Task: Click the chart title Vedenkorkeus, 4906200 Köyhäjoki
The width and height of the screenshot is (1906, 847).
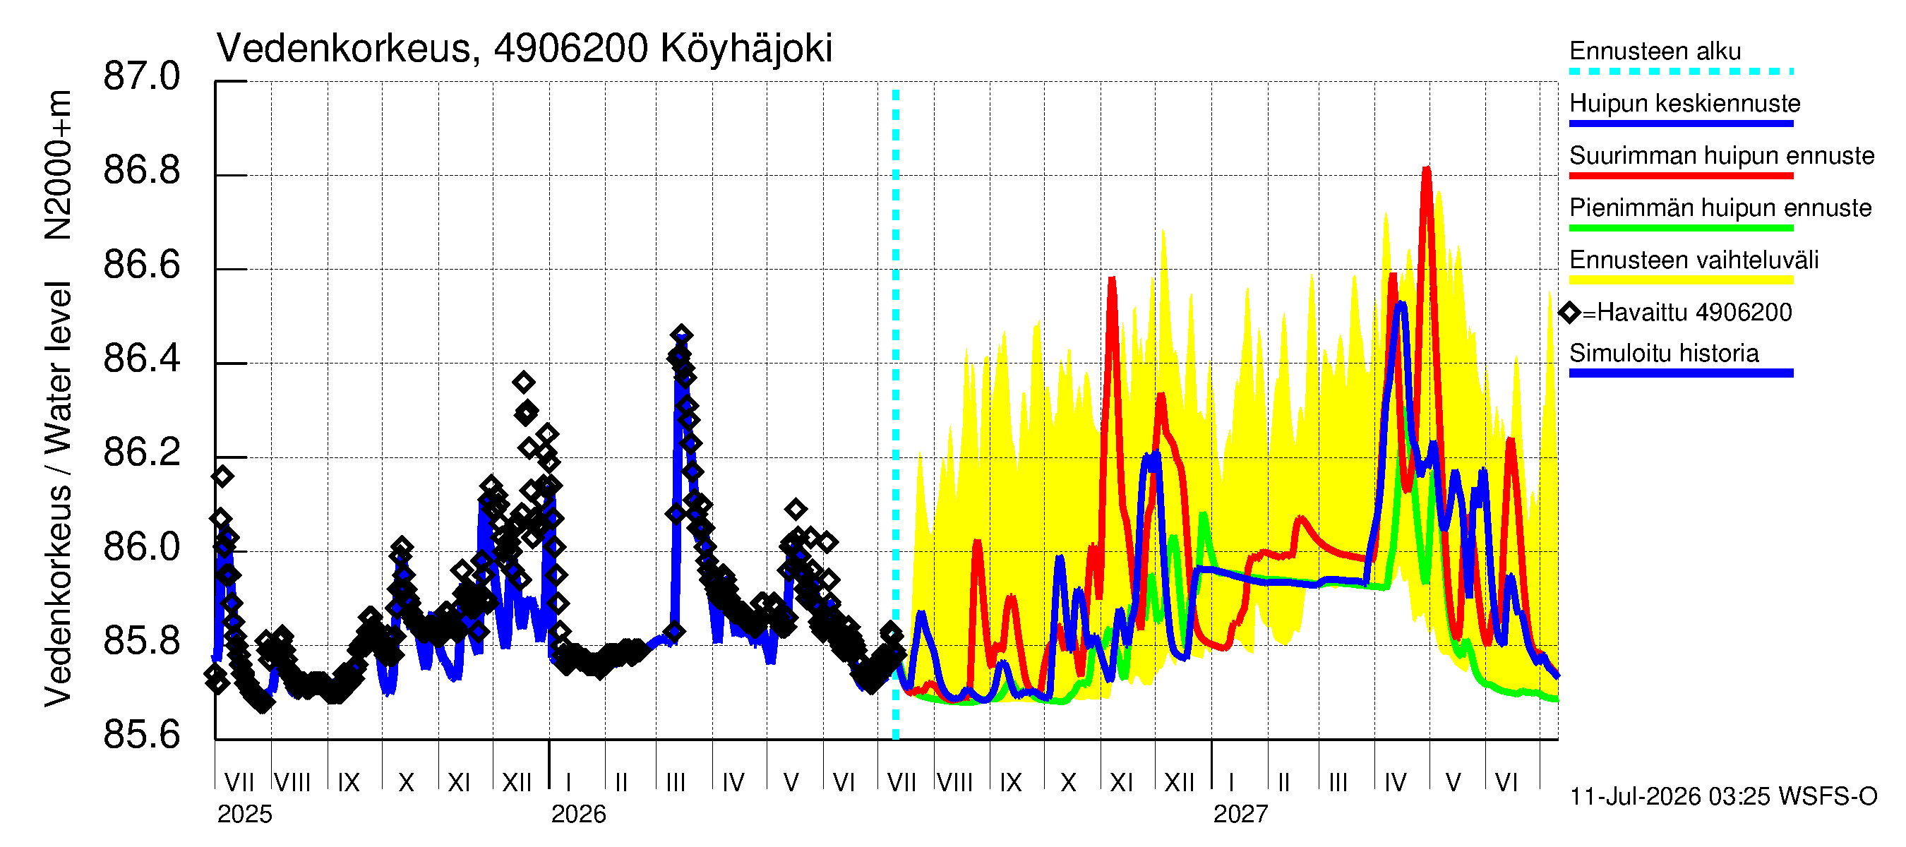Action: tap(525, 49)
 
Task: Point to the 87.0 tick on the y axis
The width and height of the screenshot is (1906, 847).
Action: tap(141, 77)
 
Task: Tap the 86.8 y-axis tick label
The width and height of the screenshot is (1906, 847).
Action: tap(141, 171)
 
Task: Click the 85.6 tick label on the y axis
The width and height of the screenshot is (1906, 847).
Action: tap(141, 735)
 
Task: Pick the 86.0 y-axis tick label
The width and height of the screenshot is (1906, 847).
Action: tap(141, 548)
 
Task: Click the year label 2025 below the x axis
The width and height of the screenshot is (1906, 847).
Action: tap(245, 815)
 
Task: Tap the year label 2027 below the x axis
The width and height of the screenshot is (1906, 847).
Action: tap(1241, 815)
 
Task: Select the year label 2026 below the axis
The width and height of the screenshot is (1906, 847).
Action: tap(579, 815)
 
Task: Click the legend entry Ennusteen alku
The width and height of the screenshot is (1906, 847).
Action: tap(1655, 52)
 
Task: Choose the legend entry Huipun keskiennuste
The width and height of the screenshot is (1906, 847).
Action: tap(1685, 104)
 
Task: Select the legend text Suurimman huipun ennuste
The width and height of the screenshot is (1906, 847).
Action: tap(1722, 156)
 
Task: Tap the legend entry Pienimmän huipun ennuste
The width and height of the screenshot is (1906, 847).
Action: tap(1720, 208)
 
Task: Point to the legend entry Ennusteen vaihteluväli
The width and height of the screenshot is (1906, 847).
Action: tap(1694, 260)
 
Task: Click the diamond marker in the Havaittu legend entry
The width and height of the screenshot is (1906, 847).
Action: tap(1569, 313)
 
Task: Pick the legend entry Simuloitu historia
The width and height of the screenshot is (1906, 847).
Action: tap(1664, 354)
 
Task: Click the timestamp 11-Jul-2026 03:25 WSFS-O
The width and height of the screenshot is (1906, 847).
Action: tap(1723, 797)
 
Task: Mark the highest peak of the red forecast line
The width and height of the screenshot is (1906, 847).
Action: tap(1426, 169)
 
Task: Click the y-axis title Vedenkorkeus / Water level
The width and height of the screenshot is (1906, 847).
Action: tap(58, 494)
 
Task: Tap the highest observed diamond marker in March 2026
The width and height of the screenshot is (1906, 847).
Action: tap(681, 335)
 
